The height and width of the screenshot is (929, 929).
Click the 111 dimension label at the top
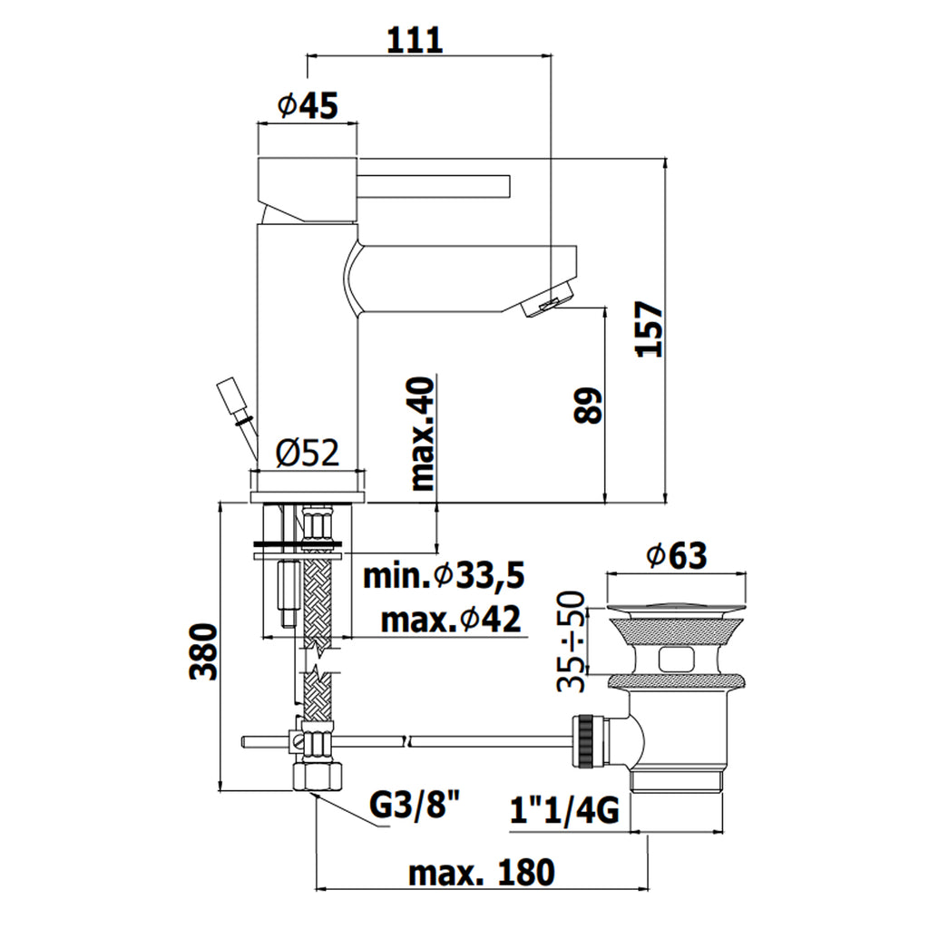point(416,40)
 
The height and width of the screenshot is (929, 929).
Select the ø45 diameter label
point(308,107)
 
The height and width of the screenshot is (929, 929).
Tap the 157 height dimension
point(650,328)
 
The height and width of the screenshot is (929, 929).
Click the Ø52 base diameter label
point(308,452)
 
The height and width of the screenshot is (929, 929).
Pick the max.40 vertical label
point(424,435)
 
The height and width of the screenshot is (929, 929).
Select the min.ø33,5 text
point(445,574)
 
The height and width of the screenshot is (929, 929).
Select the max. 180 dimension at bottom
point(480,873)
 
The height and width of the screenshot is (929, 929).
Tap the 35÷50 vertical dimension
point(572,641)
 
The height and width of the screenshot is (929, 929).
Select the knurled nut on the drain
point(583,742)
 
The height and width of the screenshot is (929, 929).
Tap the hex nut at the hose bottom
point(318,777)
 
